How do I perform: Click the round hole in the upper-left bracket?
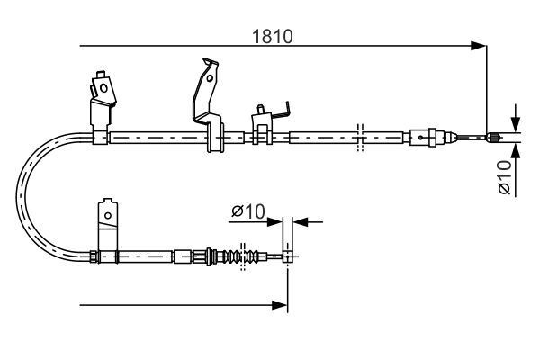point(103,87)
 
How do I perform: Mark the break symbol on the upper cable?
point(359,137)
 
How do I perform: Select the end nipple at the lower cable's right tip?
point(287,257)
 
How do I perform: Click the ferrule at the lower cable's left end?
point(93,257)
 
